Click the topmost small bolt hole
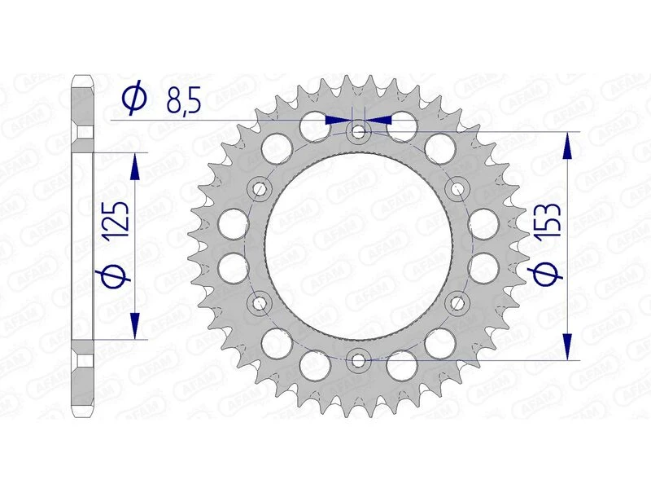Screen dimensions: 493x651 click(358, 131)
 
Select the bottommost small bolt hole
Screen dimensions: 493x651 click(358, 359)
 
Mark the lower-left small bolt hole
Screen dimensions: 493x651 click(260, 303)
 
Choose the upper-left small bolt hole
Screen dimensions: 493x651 click(260, 189)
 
